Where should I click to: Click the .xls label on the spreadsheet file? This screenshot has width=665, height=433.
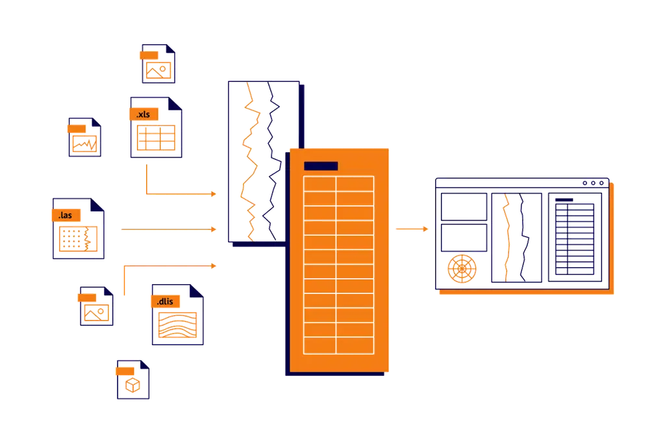point(144,114)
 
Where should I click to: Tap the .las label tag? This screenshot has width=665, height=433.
point(66,215)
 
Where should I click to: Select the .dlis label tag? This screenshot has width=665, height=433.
point(166,302)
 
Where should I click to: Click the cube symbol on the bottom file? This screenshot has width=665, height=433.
point(132,385)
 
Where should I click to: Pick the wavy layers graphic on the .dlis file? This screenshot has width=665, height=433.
point(178,325)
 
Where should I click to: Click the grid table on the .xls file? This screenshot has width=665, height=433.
point(156,138)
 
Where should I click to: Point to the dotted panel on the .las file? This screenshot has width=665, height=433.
point(78,239)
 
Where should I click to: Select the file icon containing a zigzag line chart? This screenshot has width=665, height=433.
point(85,137)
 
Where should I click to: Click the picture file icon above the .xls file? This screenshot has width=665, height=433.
point(158,64)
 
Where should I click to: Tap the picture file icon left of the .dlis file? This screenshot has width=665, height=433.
point(96,306)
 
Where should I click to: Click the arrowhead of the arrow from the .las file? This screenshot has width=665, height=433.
point(214,230)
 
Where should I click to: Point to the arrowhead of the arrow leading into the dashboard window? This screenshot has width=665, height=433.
point(425,230)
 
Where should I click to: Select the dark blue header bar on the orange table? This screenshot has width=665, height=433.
point(321,166)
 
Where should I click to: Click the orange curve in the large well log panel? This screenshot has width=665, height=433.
point(249,161)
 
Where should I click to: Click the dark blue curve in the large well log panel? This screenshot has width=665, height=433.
point(272,161)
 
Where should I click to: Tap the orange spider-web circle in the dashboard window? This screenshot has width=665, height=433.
point(462,269)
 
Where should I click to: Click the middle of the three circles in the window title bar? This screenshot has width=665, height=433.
point(593,183)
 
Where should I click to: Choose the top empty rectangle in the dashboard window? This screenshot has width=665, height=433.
point(464,207)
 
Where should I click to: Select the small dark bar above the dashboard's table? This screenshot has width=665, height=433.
point(564,200)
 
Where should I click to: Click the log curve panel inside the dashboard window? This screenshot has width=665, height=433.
point(516,238)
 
